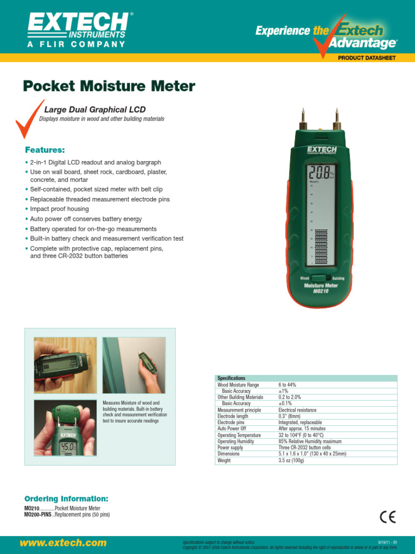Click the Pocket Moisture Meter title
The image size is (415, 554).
(109, 87)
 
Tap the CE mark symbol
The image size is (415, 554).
(387, 517)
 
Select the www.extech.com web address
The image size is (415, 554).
(63, 543)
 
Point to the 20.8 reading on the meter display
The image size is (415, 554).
(318, 172)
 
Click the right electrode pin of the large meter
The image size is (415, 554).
(337, 118)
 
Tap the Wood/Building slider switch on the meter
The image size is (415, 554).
(321, 278)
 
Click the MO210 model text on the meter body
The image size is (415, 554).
(321, 291)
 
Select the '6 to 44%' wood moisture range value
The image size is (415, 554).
(287, 385)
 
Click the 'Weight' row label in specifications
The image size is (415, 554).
(224, 460)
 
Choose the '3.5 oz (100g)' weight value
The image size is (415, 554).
(291, 460)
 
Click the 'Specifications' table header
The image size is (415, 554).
(231, 378)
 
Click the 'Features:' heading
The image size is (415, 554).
(45, 150)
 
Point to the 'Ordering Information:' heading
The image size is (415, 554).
(66, 498)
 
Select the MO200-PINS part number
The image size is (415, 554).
(38, 515)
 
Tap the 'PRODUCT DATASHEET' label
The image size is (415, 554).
(367, 58)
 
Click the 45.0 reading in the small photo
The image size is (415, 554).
(68, 448)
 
